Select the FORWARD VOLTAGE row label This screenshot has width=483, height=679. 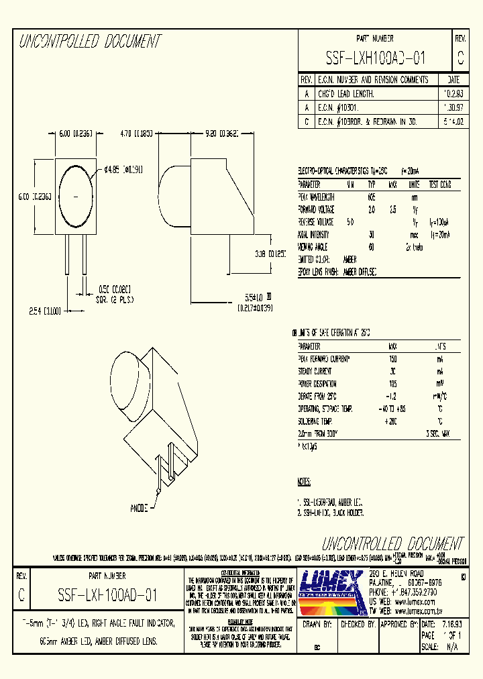320,209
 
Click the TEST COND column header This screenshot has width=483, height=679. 441,185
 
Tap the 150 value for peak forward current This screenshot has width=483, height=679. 392,359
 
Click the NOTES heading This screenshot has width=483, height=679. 304,482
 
